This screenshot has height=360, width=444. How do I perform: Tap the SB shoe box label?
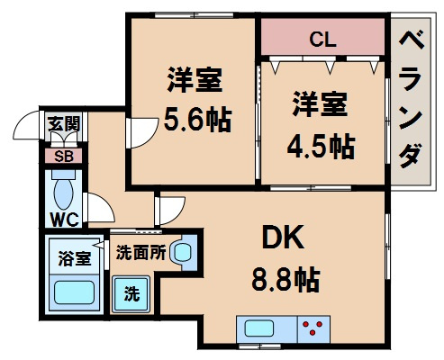click(x=63, y=155)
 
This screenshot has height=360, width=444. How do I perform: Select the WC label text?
click(x=62, y=219)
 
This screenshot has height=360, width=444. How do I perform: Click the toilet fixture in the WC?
click(x=63, y=192)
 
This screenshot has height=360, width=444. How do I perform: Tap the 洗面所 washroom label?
click(x=140, y=253)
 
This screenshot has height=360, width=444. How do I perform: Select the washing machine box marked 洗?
click(x=131, y=293)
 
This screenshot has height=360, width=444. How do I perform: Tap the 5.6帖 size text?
click(x=194, y=116)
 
